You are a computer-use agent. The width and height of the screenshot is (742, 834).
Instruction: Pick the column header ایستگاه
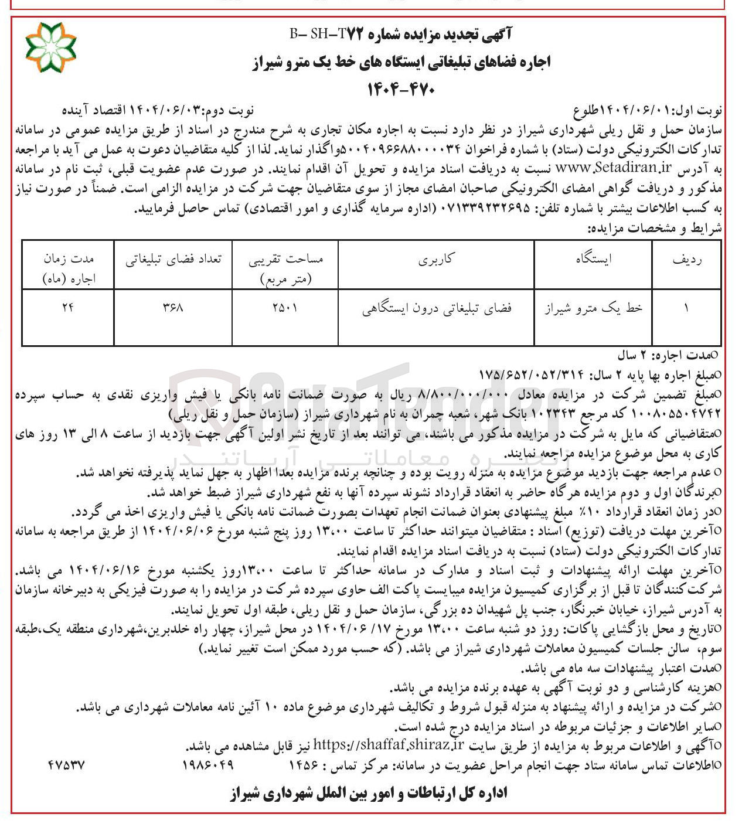[x=593, y=260]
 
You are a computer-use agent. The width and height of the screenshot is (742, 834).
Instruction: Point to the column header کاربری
[x=435, y=260]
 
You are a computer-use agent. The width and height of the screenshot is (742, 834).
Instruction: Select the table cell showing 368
[x=173, y=307]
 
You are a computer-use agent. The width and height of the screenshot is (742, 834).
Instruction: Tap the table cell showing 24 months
[x=68, y=307]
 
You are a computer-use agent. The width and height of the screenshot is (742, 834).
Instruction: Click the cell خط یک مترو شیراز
[x=593, y=308]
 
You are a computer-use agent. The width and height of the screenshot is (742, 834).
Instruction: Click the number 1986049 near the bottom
[x=208, y=765]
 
